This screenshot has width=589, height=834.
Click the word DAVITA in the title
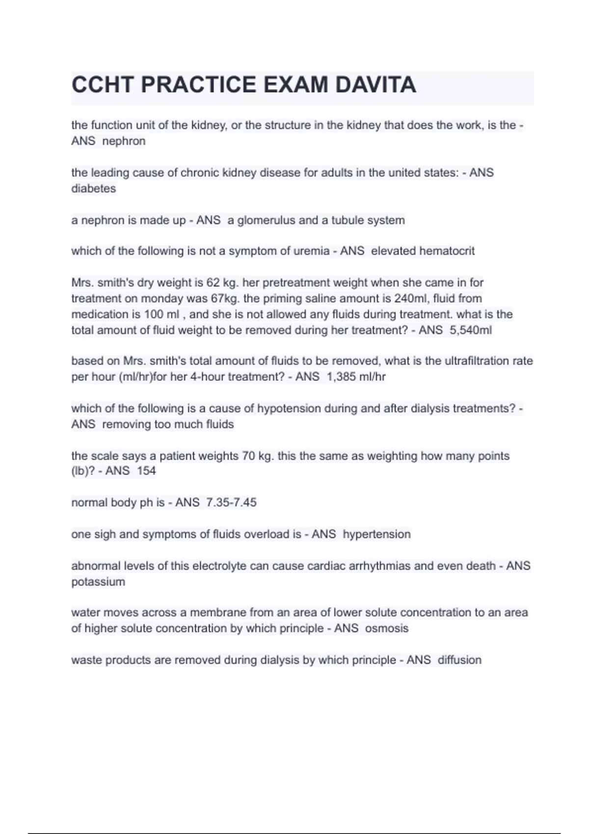375,85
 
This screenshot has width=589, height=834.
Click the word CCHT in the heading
102,85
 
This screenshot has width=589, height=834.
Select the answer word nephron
124,141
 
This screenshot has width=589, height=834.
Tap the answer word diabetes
93,189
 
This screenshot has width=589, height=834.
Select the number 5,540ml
470,330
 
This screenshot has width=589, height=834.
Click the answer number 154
146,471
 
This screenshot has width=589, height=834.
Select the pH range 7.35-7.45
231,503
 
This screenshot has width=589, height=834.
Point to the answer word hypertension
376,534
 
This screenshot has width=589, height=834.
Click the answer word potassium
98,582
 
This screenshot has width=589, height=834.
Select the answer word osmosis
386,628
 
